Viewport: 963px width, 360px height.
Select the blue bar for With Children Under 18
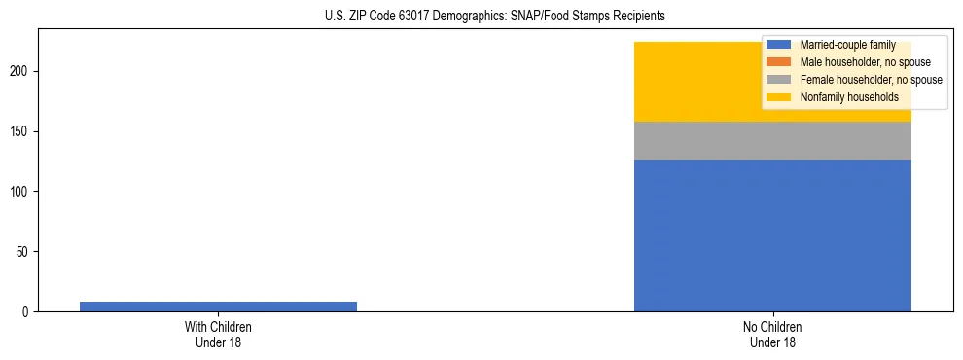tap(218, 306)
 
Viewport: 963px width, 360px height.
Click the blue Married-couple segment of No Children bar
tap(772, 235)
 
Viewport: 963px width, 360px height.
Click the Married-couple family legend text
tap(847, 45)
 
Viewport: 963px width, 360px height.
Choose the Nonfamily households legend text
tap(849, 97)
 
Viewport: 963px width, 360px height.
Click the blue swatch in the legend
tap(778, 45)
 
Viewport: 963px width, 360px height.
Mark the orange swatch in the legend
tap(778, 62)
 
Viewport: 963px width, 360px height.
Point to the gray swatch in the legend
tap(778, 80)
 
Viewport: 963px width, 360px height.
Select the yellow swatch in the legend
tap(778, 97)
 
